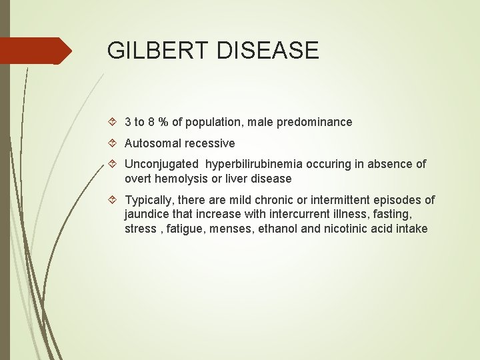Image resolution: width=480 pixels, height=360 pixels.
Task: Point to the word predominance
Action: pos(315,122)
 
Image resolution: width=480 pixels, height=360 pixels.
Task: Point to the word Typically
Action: pos(151,200)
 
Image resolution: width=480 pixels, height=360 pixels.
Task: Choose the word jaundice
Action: pos(147,215)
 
